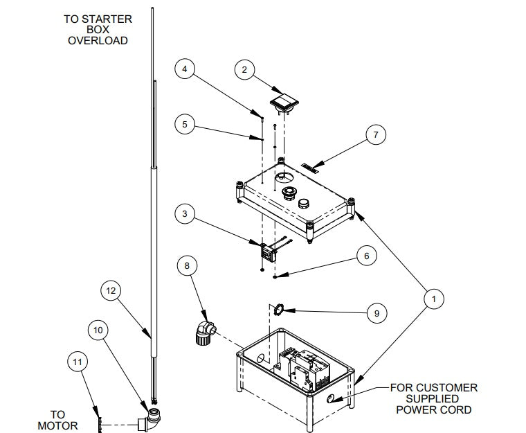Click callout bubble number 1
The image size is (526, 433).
[433, 299]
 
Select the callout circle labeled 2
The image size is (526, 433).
[244, 69]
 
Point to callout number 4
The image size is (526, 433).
[184, 69]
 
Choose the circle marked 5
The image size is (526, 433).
[184, 125]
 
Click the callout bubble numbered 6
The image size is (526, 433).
[367, 256]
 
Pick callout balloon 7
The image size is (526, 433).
[376, 135]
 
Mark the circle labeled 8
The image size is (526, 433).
[185, 265]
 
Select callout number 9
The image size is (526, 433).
[376, 313]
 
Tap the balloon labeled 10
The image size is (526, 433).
[98, 331]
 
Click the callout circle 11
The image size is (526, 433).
[78, 361]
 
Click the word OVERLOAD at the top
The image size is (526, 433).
[98, 41]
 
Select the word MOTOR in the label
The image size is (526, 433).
[58, 425]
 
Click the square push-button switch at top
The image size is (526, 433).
[285, 103]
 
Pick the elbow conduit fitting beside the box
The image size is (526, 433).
[203, 332]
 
